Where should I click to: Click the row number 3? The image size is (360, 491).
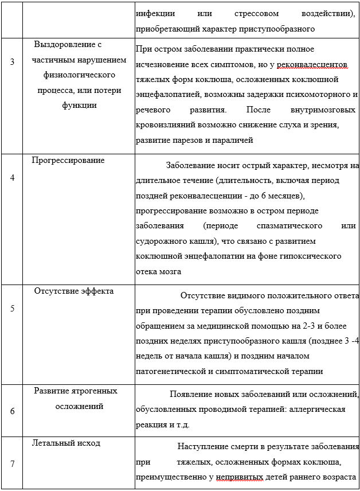click(x=13, y=61)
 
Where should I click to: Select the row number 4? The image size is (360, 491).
click(x=13, y=177)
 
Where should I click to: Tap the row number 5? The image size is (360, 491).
click(x=13, y=308)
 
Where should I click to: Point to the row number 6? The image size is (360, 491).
click(x=13, y=411)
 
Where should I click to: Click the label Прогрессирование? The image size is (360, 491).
click(x=68, y=160)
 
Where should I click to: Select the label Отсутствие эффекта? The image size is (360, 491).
click(x=73, y=291)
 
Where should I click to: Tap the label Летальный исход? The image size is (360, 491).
click(x=68, y=443)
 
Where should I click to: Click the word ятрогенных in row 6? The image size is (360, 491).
click(x=93, y=391)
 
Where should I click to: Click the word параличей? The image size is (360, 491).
click(x=235, y=140)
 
